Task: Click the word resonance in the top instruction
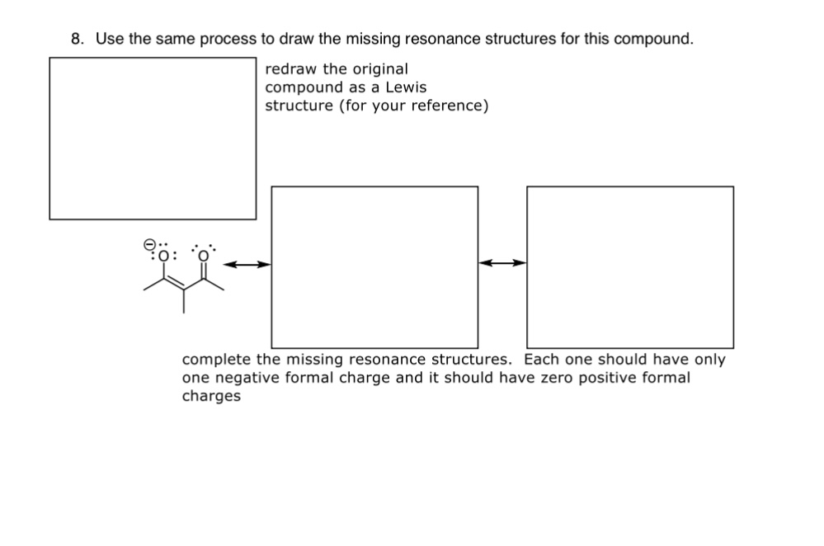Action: pos(413,39)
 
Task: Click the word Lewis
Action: pos(407,87)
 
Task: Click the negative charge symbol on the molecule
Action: pos(150,244)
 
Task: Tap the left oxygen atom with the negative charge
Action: pos(163,255)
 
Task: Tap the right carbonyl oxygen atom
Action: pos(203,255)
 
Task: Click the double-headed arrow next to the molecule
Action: pos(247,265)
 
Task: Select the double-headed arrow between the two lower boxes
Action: pos(502,263)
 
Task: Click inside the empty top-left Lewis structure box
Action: pos(153,138)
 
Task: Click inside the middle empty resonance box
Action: pos(374,266)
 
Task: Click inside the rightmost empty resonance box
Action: pos(629,266)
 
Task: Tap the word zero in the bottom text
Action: pos(549,378)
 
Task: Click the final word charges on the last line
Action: pos(211,396)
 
